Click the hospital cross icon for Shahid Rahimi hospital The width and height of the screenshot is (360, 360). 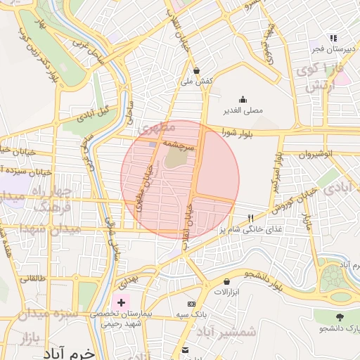coord(122,303)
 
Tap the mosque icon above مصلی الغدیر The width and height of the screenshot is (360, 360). coord(243,99)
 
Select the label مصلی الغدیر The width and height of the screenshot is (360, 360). coord(243,110)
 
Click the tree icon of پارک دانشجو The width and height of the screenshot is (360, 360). coord(340,317)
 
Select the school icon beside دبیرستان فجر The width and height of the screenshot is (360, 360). coord(333,37)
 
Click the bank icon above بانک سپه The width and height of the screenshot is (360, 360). coord(185,349)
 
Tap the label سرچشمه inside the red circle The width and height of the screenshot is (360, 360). coord(176,143)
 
